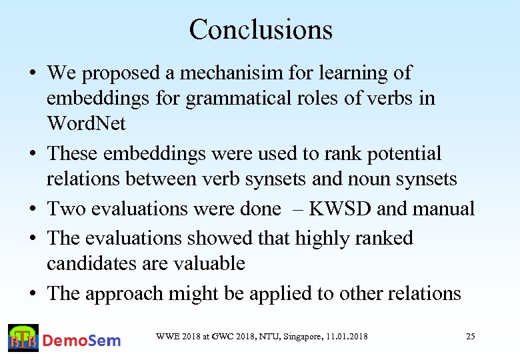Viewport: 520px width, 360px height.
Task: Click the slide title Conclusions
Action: [x=260, y=29]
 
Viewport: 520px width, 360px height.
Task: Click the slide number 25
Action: [x=470, y=337]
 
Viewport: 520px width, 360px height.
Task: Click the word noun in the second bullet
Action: [x=377, y=179]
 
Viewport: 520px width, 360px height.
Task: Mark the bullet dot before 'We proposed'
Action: [x=32, y=73]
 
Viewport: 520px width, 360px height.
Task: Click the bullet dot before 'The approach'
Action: [x=32, y=294]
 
